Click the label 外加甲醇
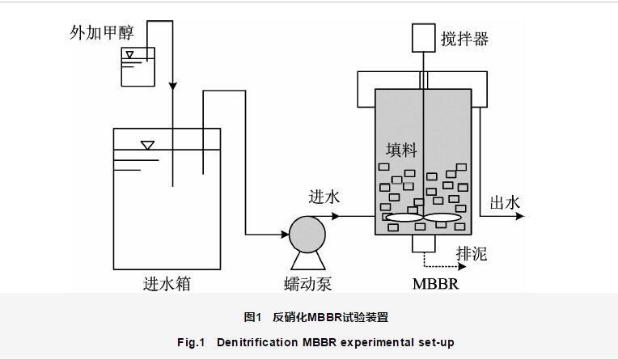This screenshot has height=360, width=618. tap(108, 33)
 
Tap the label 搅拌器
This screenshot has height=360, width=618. tap(464, 39)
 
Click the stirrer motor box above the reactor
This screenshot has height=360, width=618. tap(424, 36)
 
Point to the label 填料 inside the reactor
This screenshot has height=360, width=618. tap(400, 150)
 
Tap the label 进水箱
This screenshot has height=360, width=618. tap(167, 284)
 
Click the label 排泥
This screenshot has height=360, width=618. tap(472, 255)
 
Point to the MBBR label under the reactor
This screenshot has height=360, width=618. tap(435, 284)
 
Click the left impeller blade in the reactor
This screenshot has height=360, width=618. tap(403, 218)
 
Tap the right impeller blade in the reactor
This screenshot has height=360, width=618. tap(443, 218)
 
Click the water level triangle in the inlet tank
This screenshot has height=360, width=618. tap(147, 146)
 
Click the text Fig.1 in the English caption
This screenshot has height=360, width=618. tap(192, 342)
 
